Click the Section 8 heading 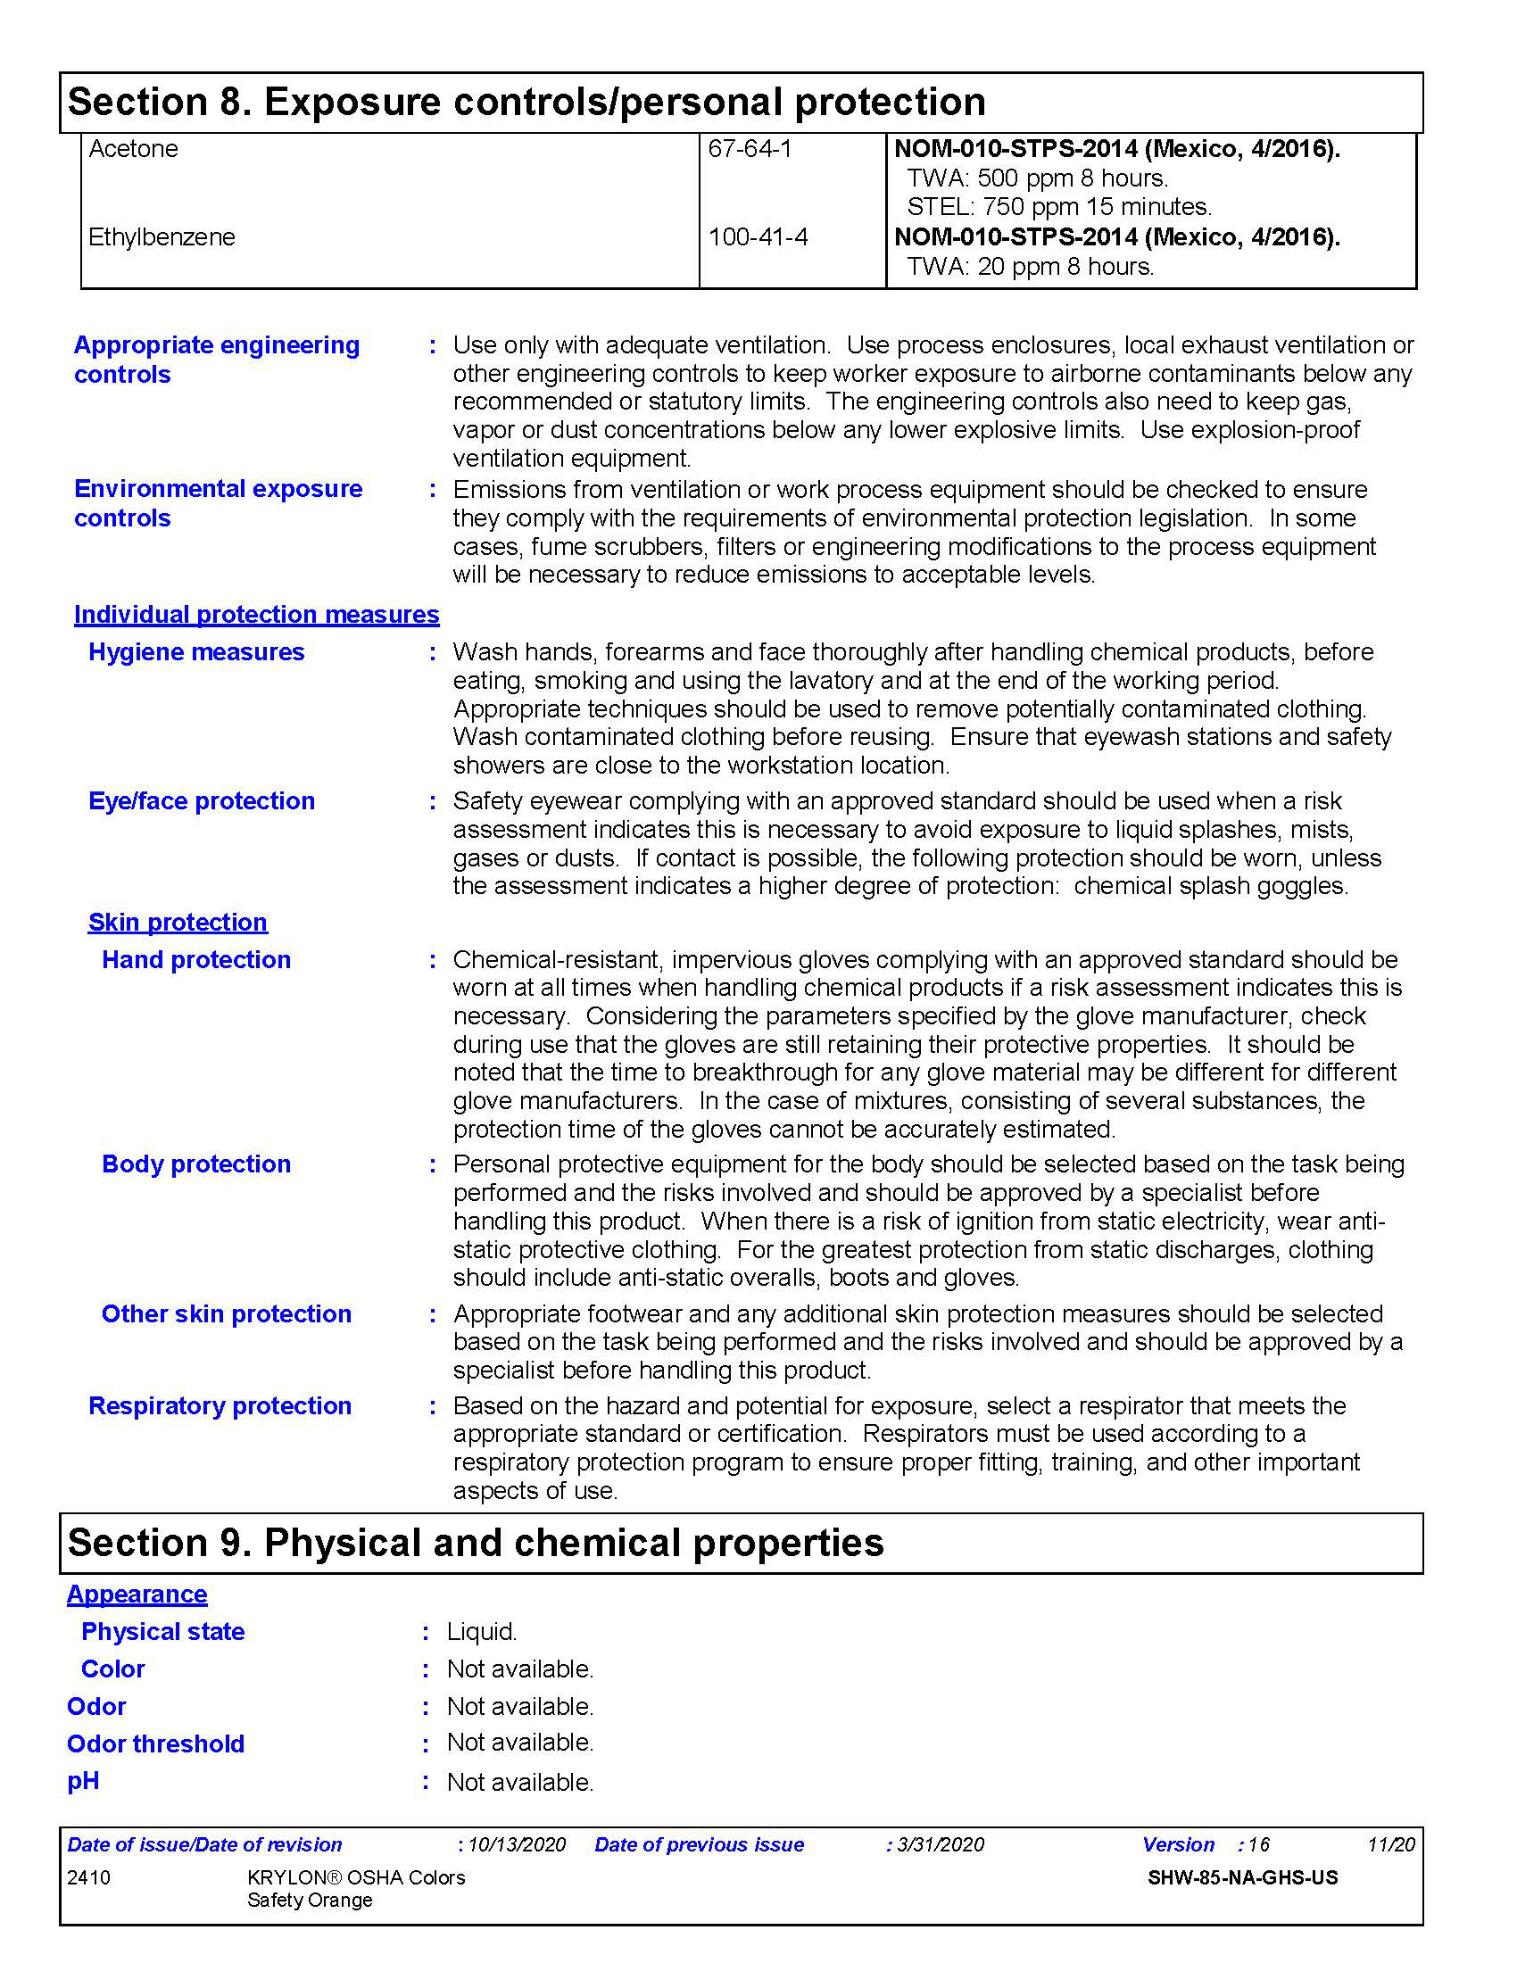pyautogui.click(x=526, y=103)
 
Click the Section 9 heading pyautogui.click(x=476, y=1544)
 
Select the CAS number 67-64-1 pyautogui.click(x=750, y=149)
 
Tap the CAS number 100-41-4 pyautogui.click(x=758, y=237)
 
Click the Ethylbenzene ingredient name pyautogui.click(x=162, y=237)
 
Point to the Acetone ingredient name pyautogui.click(x=133, y=149)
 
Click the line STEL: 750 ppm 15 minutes pyautogui.click(x=1058, y=208)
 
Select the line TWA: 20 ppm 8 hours pyautogui.click(x=1030, y=267)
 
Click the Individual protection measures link pyautogui.click(x=256, y=615)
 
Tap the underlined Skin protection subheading pyautogui.click(x=177, y=923)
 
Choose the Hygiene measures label pyautogui.click(x=196, y=652)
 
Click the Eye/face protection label pyautogui.click(x=202, y=802)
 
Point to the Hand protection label pyautogui.click(x=196, y=960)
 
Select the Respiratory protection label pyautogui.click(x=220, y=1405)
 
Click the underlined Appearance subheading pyautogui.click(x=137, y=1594)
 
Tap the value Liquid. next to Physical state pyautogui.click(x=482, y=1632)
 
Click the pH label pyautogui.click(x=83, y=1782)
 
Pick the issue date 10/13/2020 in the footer pyautogui.click(x=517, y=1845)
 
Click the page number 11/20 pyautogui.click(x=1390, y=1845)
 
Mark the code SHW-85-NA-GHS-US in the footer pyautogui.click(x=1242, y=1878)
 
